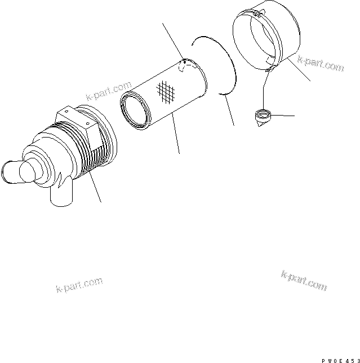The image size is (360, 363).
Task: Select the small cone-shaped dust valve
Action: point(262,118)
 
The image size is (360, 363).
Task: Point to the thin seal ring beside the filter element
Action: point(220,62)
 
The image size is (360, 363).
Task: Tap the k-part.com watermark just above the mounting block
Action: point(109,92)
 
